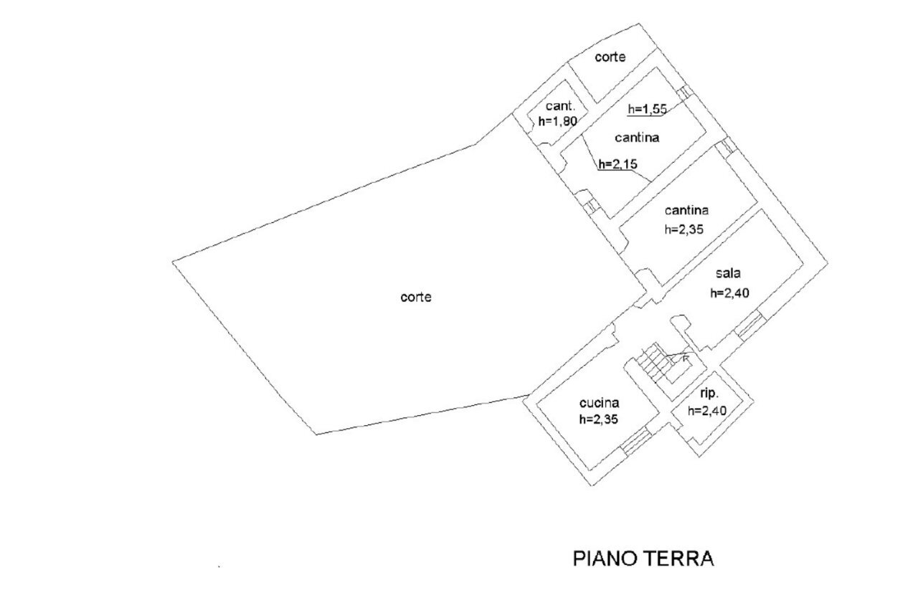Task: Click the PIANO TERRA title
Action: [x=643, y=559]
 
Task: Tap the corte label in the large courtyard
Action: [x=416, y=297]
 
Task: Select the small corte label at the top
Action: [x=610, y=57]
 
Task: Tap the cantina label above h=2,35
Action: [x=686, y=211]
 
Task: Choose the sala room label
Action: [x=727, y=273]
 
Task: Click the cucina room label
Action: [x=598, y=403]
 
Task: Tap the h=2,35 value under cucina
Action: [x=599, y=420]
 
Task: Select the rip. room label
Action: [x=709, y=394]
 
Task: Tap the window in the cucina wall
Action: [x=633, y=442]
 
